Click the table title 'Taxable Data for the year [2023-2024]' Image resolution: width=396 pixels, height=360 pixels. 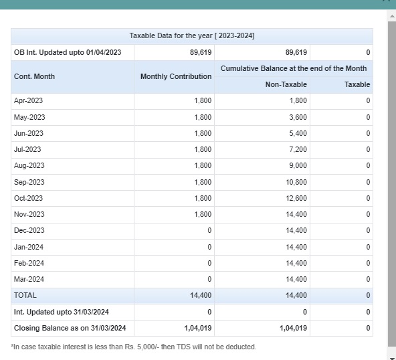point(192,35)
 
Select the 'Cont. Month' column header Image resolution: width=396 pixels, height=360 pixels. point(34,76)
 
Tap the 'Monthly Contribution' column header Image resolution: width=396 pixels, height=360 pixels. point(176,76)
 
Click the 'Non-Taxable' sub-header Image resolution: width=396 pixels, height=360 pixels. point(286,84)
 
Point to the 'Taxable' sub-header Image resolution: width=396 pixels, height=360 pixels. point(357,84)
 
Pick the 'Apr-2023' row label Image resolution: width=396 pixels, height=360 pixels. point(28,100)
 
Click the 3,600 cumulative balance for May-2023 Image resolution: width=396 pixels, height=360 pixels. point(298,117)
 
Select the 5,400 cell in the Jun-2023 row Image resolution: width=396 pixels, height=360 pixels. point(298,133)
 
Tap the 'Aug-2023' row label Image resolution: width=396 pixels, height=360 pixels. point(29,165)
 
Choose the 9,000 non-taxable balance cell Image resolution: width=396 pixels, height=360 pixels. point(298,165)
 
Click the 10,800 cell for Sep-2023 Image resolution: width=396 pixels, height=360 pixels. point(296,182)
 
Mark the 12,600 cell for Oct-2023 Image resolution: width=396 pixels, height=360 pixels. point(296,198)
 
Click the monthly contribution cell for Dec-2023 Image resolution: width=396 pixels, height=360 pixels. point(209,230)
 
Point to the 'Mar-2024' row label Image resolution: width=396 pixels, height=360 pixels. point(29,279)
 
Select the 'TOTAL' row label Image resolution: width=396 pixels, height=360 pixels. point(25,295)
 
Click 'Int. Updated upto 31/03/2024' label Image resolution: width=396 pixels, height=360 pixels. point(62,312)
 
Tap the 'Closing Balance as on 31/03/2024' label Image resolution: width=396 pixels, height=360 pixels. point(70,328)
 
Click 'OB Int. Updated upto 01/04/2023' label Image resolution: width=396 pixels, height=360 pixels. point(68,52)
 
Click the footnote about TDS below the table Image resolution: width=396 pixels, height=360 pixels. point(133,347)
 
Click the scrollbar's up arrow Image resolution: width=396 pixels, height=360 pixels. point(392,17)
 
